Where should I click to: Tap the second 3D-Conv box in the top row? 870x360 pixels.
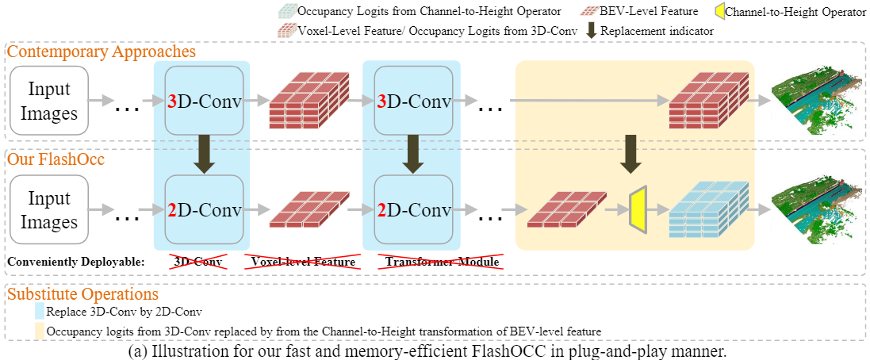pyautogui.click(x=412, y=101)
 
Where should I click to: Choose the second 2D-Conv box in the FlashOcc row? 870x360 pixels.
pyautogui.click(x=412, y=209)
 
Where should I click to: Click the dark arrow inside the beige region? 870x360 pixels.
pyautogui.click(x=631, y=154)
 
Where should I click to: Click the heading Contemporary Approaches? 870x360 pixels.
pyautogui.click(x=102, y=52)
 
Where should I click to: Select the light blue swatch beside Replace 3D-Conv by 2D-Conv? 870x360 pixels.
pyautogui.click(x=40, y=312)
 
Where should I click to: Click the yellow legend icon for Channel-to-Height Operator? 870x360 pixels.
pyautogui.click(x=716, y=12)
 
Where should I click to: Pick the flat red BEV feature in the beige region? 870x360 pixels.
pyautogui.click(x=566, y=211)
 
